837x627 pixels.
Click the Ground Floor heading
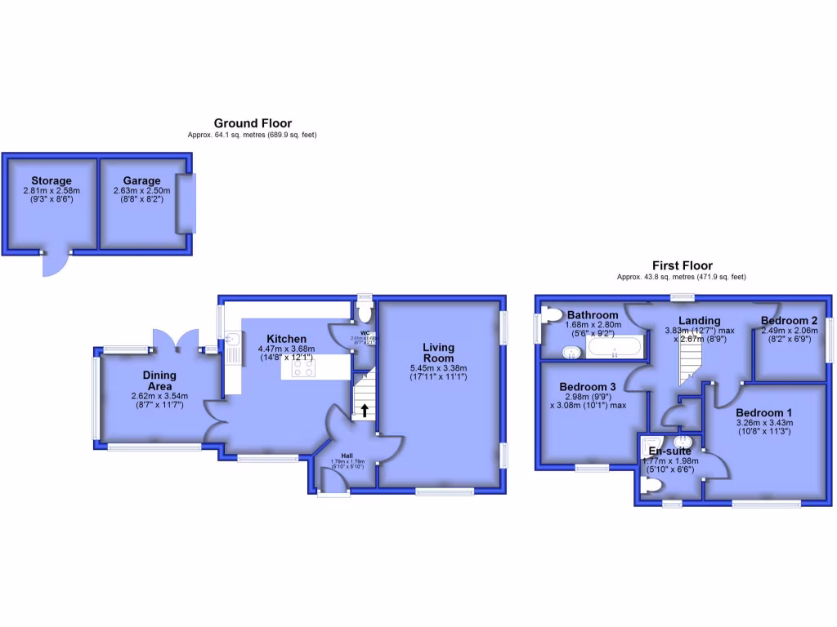(x=253, y=123)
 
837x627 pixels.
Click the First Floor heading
(x=682, y=265)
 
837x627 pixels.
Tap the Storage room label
(x=51, y=180)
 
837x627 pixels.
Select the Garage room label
(x=141, y=180)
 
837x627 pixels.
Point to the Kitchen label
(x=286, y=339)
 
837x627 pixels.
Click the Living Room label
(x=438, y=353)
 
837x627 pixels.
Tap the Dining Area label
(x=159, y=380)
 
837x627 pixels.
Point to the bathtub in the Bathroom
(x=615, y=351)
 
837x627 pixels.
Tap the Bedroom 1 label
(x=763, y=413)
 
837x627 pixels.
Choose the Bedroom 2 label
(x=789, y=320)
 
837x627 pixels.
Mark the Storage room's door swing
(x=55, y=262)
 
